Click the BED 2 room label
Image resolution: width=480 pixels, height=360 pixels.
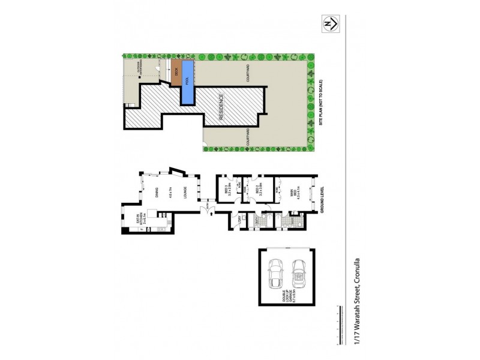258,192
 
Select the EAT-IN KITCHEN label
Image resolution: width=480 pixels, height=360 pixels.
139,227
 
